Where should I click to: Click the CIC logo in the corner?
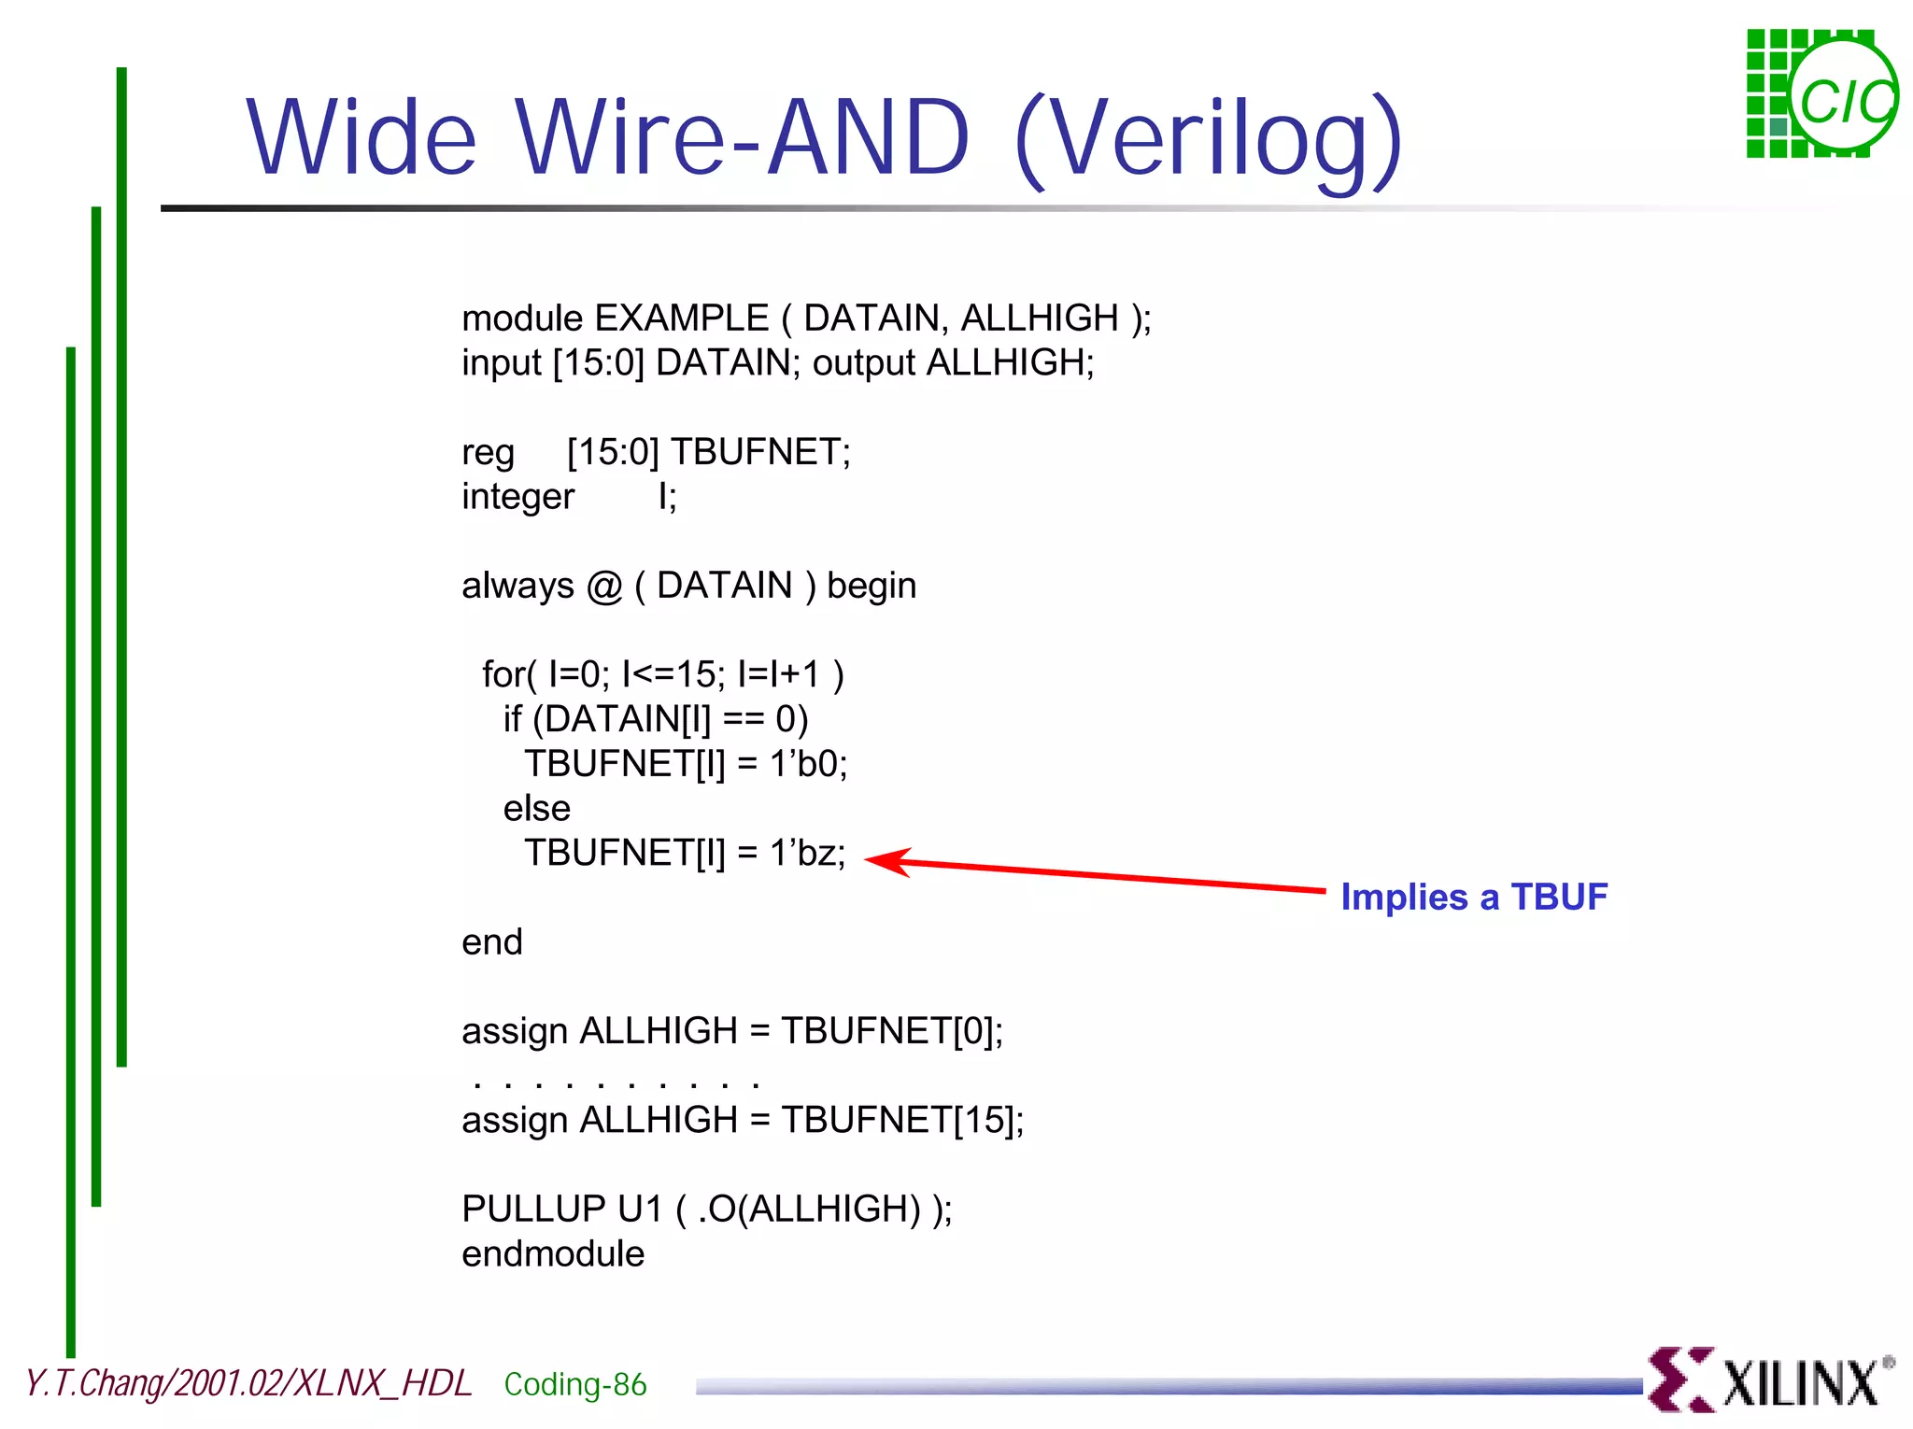tap(1821, 93)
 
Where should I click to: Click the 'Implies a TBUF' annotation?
tap(1473, 897)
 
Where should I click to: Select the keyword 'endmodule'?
tap(553, 1253)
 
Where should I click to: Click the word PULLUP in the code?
tap(533, 1209)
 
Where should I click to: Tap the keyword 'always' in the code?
tap(517, 586)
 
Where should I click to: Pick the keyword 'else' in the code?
tap(536, 808)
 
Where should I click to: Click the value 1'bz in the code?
tap(806, 853)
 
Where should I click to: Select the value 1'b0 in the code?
tap(807, 764)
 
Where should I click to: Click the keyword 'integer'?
tap(517, 497)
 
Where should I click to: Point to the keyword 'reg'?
tap(488, 453)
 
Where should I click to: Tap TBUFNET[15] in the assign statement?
tap(900, 1120)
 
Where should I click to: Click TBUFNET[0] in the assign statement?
tap(890, 1031)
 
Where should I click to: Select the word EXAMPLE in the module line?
tap(681, 318)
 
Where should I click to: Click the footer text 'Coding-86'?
tap(574, 1384)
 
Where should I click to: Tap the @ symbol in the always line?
tap(604, 587)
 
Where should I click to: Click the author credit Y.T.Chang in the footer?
tap(93, 1383)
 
